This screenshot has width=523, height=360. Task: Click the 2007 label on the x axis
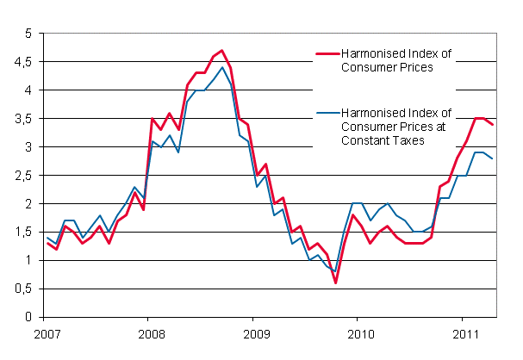[47, 333]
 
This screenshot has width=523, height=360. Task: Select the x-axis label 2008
[151, 333]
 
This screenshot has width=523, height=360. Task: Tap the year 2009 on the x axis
[255, 333]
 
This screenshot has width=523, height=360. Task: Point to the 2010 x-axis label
[359, 333]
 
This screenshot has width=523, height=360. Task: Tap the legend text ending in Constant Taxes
[395, 127]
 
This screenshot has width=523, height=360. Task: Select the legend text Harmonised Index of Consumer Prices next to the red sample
[395, 61]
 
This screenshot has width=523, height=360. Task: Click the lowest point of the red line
[335, 282]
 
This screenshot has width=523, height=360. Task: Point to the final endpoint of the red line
[493, 125]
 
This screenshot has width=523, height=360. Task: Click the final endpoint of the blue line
[493, 158]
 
